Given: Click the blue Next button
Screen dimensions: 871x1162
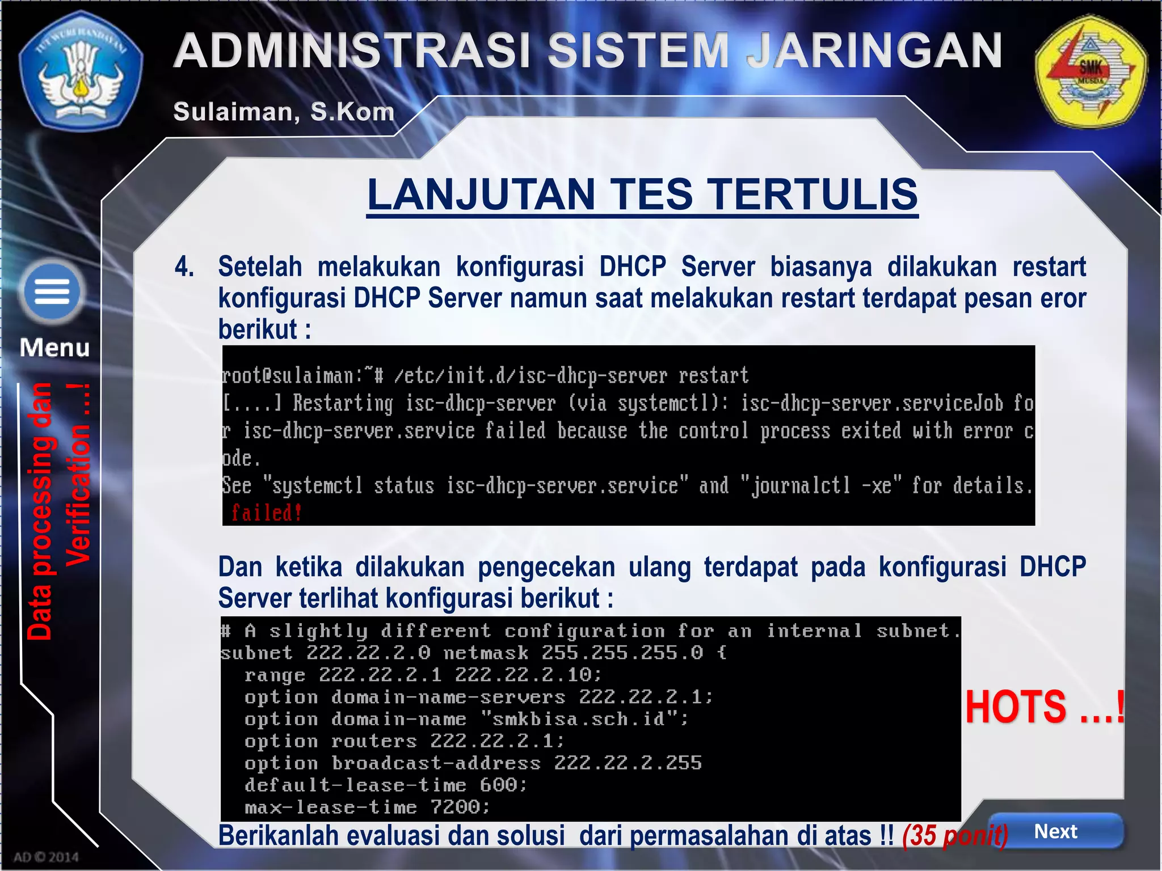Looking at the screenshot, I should [x=1055, y=831].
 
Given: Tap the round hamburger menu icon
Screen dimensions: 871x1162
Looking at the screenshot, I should [x=52, y=292].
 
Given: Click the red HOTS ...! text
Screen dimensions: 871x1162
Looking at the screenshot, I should [x=1045, y=707].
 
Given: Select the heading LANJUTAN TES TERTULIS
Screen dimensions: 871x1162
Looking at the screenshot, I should [x=642, y=195].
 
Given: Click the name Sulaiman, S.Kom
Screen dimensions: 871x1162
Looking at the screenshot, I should [x=284, y=112].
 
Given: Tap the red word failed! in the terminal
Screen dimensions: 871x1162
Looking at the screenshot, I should [x=266, y=513].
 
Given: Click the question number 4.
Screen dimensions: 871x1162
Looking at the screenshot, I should [x=184, y=267].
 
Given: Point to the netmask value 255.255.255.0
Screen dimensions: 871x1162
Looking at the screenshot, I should [x=622, y=653].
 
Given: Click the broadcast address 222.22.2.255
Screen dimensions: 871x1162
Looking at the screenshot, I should [x=628, y=763].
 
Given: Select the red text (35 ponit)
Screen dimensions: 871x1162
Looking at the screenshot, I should [x=955, y=835].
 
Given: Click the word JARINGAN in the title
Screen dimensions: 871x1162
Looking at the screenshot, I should [x=874, y=51].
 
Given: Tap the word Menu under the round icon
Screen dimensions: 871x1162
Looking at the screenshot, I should [x=54, y=348].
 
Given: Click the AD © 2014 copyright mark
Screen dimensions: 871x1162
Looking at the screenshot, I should [x=46, y=857].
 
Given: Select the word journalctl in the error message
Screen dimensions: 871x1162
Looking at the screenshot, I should [x=801, y=486].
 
